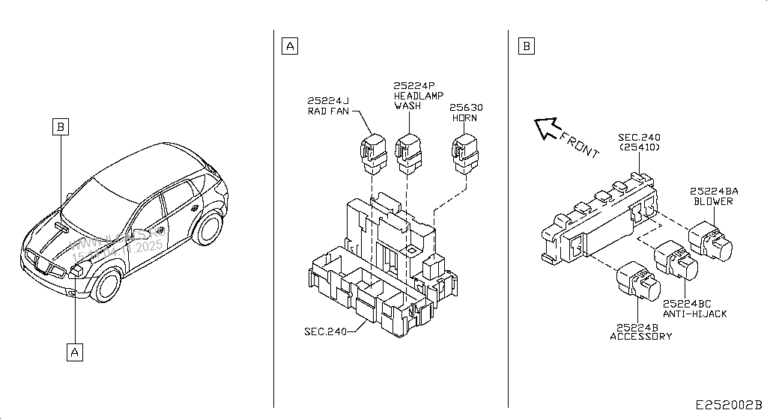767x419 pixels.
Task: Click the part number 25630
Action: (467, 108)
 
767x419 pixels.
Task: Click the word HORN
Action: (464, 118)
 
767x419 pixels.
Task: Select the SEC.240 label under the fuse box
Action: (326, 331)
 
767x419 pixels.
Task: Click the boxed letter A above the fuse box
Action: (290, 46)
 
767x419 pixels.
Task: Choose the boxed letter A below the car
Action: (74, 351)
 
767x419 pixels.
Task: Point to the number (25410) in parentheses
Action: (638, 147)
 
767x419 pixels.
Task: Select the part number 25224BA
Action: (714, 191)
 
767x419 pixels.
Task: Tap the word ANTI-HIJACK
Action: (694, 314)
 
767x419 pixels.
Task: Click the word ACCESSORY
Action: (640, 336)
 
